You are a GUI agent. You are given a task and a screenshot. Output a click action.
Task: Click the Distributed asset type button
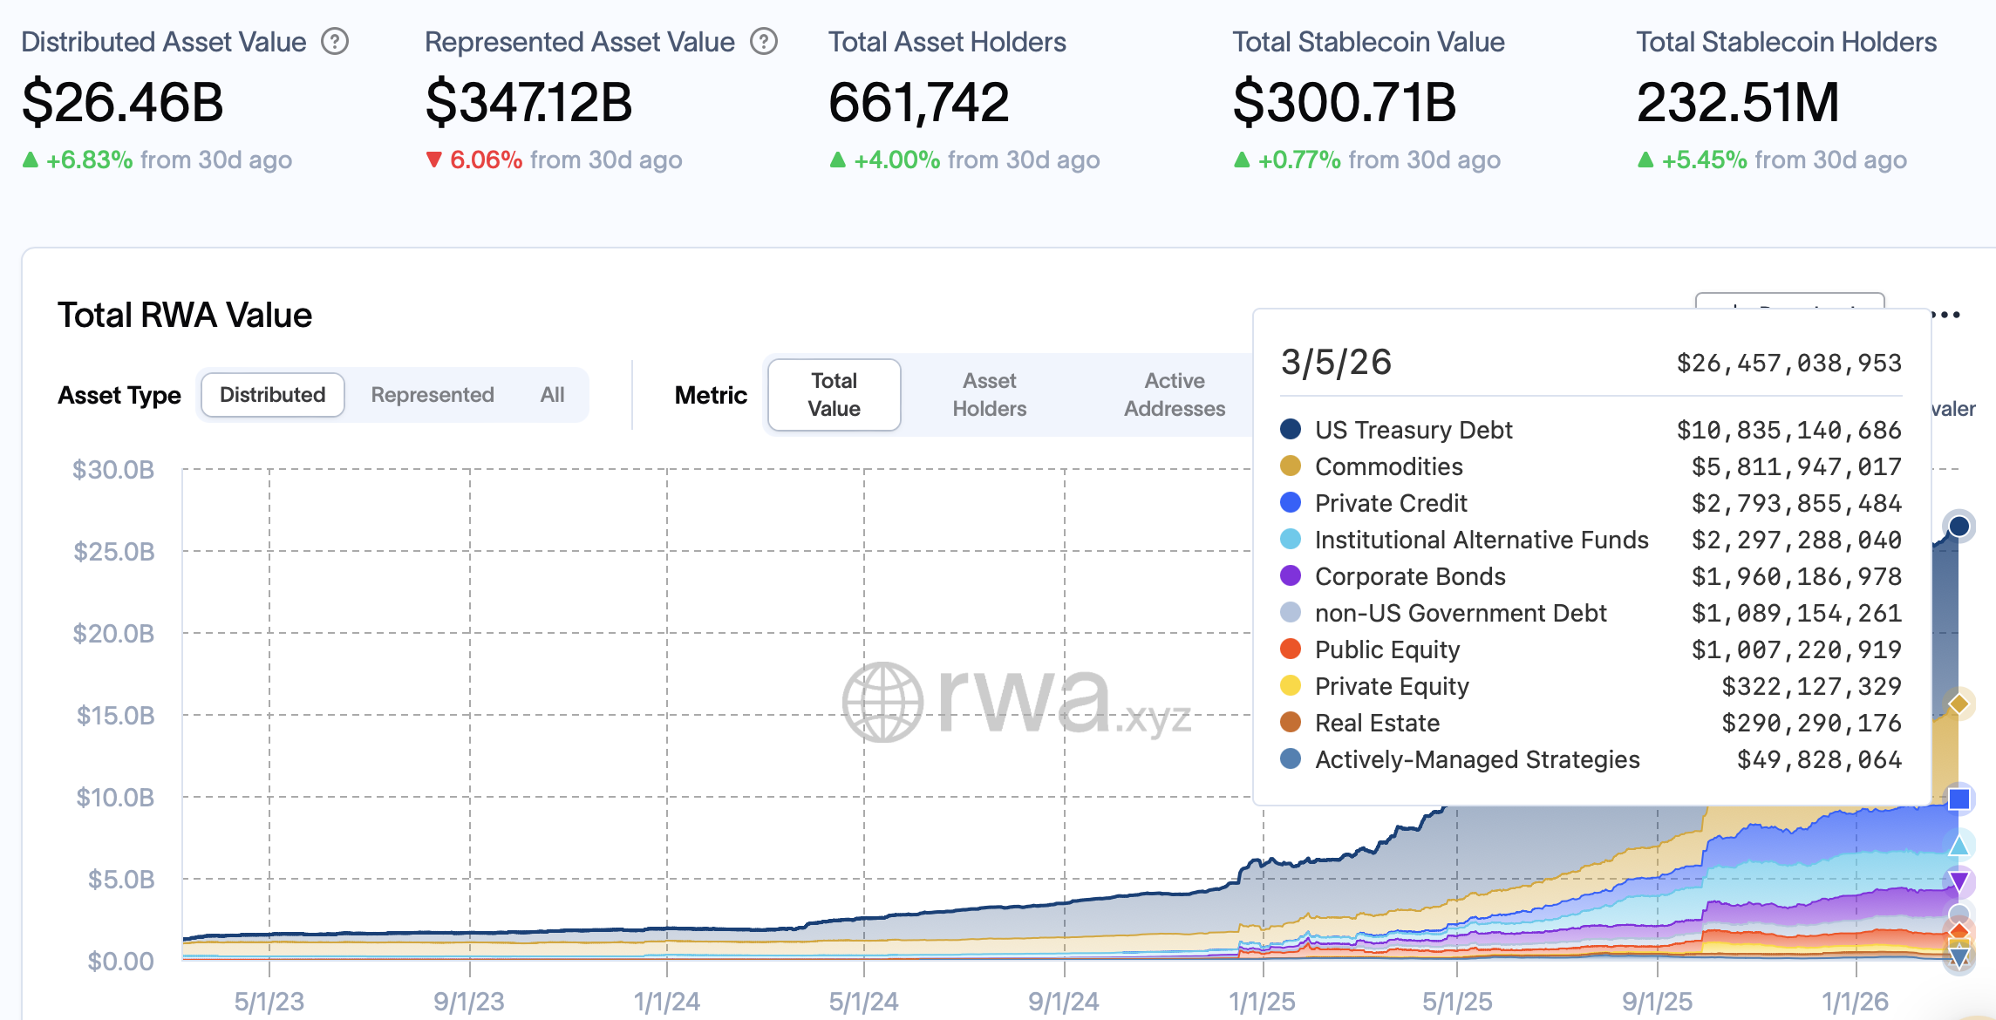point(272,395)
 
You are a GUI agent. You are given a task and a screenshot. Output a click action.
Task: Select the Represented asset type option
point(433,395)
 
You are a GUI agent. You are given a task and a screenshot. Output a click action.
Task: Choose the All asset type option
point(552,395)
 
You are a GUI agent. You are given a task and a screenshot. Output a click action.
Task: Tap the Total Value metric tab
point(834,395)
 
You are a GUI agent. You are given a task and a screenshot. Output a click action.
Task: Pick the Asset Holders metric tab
point(989,395)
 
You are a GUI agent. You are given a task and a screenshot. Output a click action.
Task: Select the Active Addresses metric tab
point(1174,395)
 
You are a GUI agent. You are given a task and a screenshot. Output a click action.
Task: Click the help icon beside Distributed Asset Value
point(335,41)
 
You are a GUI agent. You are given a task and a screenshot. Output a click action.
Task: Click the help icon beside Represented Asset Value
point(764,41)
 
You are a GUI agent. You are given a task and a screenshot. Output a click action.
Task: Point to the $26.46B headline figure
point(123,102)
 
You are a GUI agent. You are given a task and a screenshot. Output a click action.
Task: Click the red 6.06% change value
point(486,160)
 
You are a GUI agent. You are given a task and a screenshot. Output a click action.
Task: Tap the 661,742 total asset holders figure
point(918,102)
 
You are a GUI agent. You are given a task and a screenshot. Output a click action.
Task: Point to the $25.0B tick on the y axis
point(114,552)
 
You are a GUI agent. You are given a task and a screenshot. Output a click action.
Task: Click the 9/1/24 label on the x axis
point(1063,1002)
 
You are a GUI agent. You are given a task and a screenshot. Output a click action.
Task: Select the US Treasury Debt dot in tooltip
point(1291,429)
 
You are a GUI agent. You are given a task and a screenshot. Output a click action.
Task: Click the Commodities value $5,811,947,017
point(1796,466)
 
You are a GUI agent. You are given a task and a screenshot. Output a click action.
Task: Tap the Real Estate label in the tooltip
point(1377,723)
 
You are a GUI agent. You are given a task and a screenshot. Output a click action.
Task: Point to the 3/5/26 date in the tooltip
point(1336,362)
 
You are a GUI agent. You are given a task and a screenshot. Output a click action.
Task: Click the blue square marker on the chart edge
point(1959,799)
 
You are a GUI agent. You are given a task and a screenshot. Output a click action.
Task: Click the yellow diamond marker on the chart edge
point(1959,704)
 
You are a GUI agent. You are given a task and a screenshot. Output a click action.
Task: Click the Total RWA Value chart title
point(185,315)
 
